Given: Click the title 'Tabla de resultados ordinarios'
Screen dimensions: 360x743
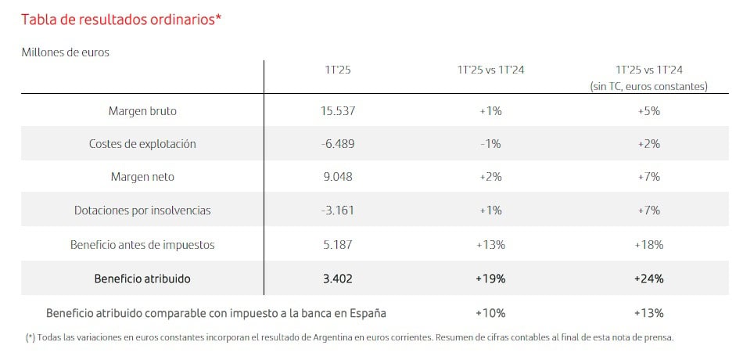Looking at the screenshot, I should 121,20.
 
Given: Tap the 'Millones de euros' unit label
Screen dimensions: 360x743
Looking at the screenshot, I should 65,53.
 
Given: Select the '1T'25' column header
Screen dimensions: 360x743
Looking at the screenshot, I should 338,70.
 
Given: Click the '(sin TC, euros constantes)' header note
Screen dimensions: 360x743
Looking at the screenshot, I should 649,86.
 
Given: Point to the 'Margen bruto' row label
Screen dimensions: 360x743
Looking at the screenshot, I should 142,111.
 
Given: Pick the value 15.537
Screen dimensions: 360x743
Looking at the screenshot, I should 338,111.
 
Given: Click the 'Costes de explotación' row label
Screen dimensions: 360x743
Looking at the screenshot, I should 142,144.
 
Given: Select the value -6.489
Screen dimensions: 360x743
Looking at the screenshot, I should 338,144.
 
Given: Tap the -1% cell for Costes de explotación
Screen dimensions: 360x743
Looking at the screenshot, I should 490,144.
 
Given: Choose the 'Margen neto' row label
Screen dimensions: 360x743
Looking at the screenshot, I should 142,177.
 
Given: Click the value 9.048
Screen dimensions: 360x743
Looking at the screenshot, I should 338,177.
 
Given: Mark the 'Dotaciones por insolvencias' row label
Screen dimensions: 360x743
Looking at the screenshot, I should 142,211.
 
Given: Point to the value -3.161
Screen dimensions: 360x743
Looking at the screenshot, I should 338,211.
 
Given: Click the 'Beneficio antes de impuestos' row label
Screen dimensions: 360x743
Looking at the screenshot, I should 142,245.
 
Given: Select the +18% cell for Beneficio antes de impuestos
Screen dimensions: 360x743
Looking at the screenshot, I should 649,245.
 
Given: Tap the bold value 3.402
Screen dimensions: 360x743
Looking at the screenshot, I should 338,278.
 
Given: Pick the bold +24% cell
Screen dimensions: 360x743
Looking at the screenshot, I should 649,278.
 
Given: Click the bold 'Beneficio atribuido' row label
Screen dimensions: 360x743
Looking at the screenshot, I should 142,278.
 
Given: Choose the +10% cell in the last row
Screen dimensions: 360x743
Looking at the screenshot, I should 490,313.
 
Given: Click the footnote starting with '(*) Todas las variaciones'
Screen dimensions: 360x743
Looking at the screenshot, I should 350,337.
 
